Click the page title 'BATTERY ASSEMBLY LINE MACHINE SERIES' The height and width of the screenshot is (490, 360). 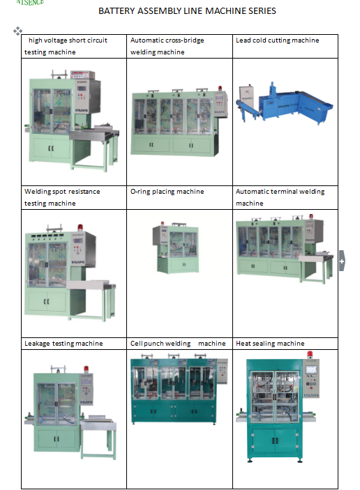tap(187, 11)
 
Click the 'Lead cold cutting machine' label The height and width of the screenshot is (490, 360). tap(277, 40)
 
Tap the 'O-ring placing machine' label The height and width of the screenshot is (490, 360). tap(167, 192)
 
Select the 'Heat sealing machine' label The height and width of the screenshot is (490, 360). tap(270, 344)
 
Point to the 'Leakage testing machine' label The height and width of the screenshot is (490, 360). tap(63, 344)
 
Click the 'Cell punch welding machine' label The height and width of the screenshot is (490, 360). tap(178, 344)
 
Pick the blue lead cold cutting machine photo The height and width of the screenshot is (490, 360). tap(284, 102)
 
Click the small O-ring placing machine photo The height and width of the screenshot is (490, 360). tap(176, 247)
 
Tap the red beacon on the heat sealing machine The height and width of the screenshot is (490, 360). tap(310, 354)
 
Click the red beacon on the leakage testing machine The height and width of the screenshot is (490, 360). tap(86, 369)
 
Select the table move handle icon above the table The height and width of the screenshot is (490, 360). tap(17, 31)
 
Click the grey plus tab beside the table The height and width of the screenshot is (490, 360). tap(342, 261)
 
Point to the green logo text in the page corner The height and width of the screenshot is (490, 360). tap(30, 3)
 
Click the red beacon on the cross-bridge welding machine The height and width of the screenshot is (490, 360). tap(220, 88)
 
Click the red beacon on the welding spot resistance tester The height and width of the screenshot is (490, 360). tap(80, 227)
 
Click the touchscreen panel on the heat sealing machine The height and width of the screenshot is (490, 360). tap(311, 369)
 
